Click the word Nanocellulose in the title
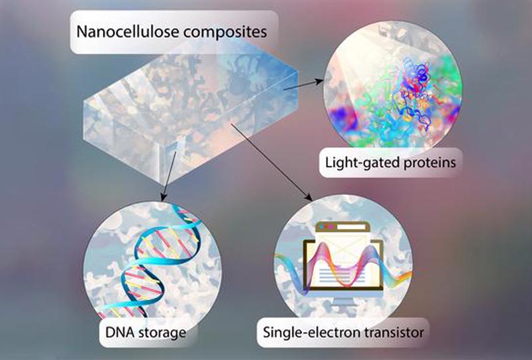click(x=128, y=31)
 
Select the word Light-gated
click(x=362, y=162)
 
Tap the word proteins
click(x=430, y=163)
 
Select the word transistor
click(x=390, y=333)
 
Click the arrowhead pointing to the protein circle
click(x=319, y=81)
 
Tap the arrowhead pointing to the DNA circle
click(x=164, y=197)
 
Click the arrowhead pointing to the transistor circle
click(x=309, y=197)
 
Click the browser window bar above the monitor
click(x=342, y=226)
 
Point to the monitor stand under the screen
click(x=342, y=300)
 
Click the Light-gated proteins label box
click(x=390, y=162)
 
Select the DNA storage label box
click(x=147, y=333)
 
